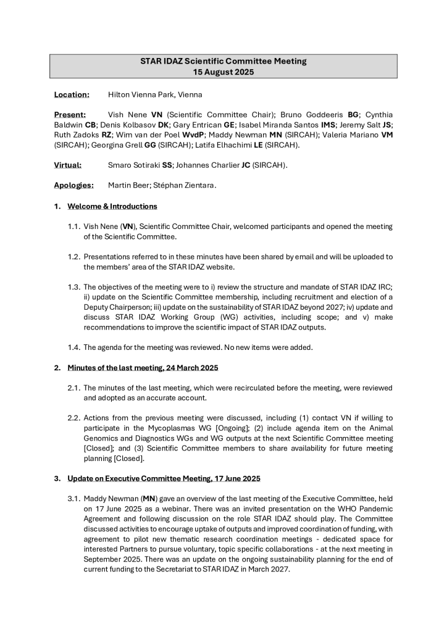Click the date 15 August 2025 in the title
(223, 72)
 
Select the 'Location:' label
(72, 95)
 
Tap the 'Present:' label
(70, 115)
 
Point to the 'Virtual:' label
(69, 165)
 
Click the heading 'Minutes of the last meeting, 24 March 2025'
(143, 368)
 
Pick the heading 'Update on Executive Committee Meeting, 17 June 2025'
(164, 478)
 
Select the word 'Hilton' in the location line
(120, 95)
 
